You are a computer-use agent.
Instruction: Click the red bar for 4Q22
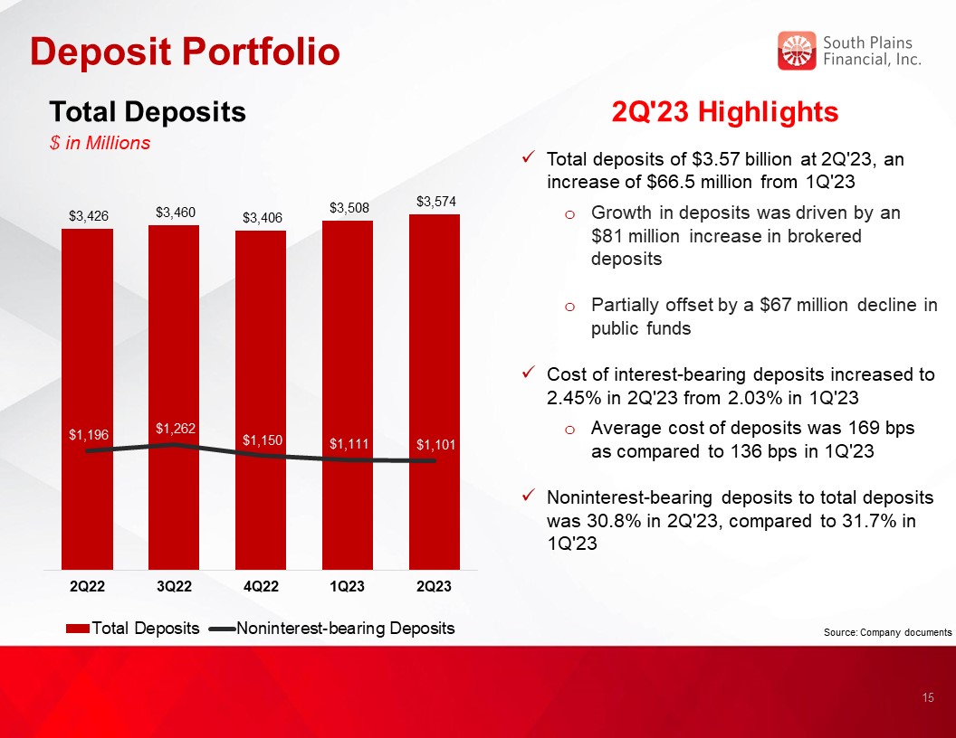(261, 400)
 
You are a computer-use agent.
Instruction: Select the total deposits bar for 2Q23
(435, 393)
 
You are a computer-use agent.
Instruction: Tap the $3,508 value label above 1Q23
(349, 208)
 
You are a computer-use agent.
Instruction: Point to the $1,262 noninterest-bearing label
(176, 429)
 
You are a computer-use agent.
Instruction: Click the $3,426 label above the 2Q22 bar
(89, 215)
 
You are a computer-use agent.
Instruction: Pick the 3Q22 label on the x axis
(175, 586)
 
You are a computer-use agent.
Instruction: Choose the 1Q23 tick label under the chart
(347, 586)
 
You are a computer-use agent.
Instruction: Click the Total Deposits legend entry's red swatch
(78, 629)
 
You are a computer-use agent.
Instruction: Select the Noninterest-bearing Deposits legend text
(345, 628)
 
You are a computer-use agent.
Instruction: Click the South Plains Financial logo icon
(797, 51)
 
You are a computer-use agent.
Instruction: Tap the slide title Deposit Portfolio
(185, 51)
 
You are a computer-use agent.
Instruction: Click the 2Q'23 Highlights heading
(725, 112)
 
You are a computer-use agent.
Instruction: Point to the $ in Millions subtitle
(100, 143)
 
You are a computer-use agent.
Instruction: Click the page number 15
(928, 698)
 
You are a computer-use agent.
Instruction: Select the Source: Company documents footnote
(888, 632)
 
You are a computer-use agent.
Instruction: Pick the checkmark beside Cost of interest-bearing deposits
(530, 372)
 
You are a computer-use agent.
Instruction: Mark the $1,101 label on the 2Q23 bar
(436, 444)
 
